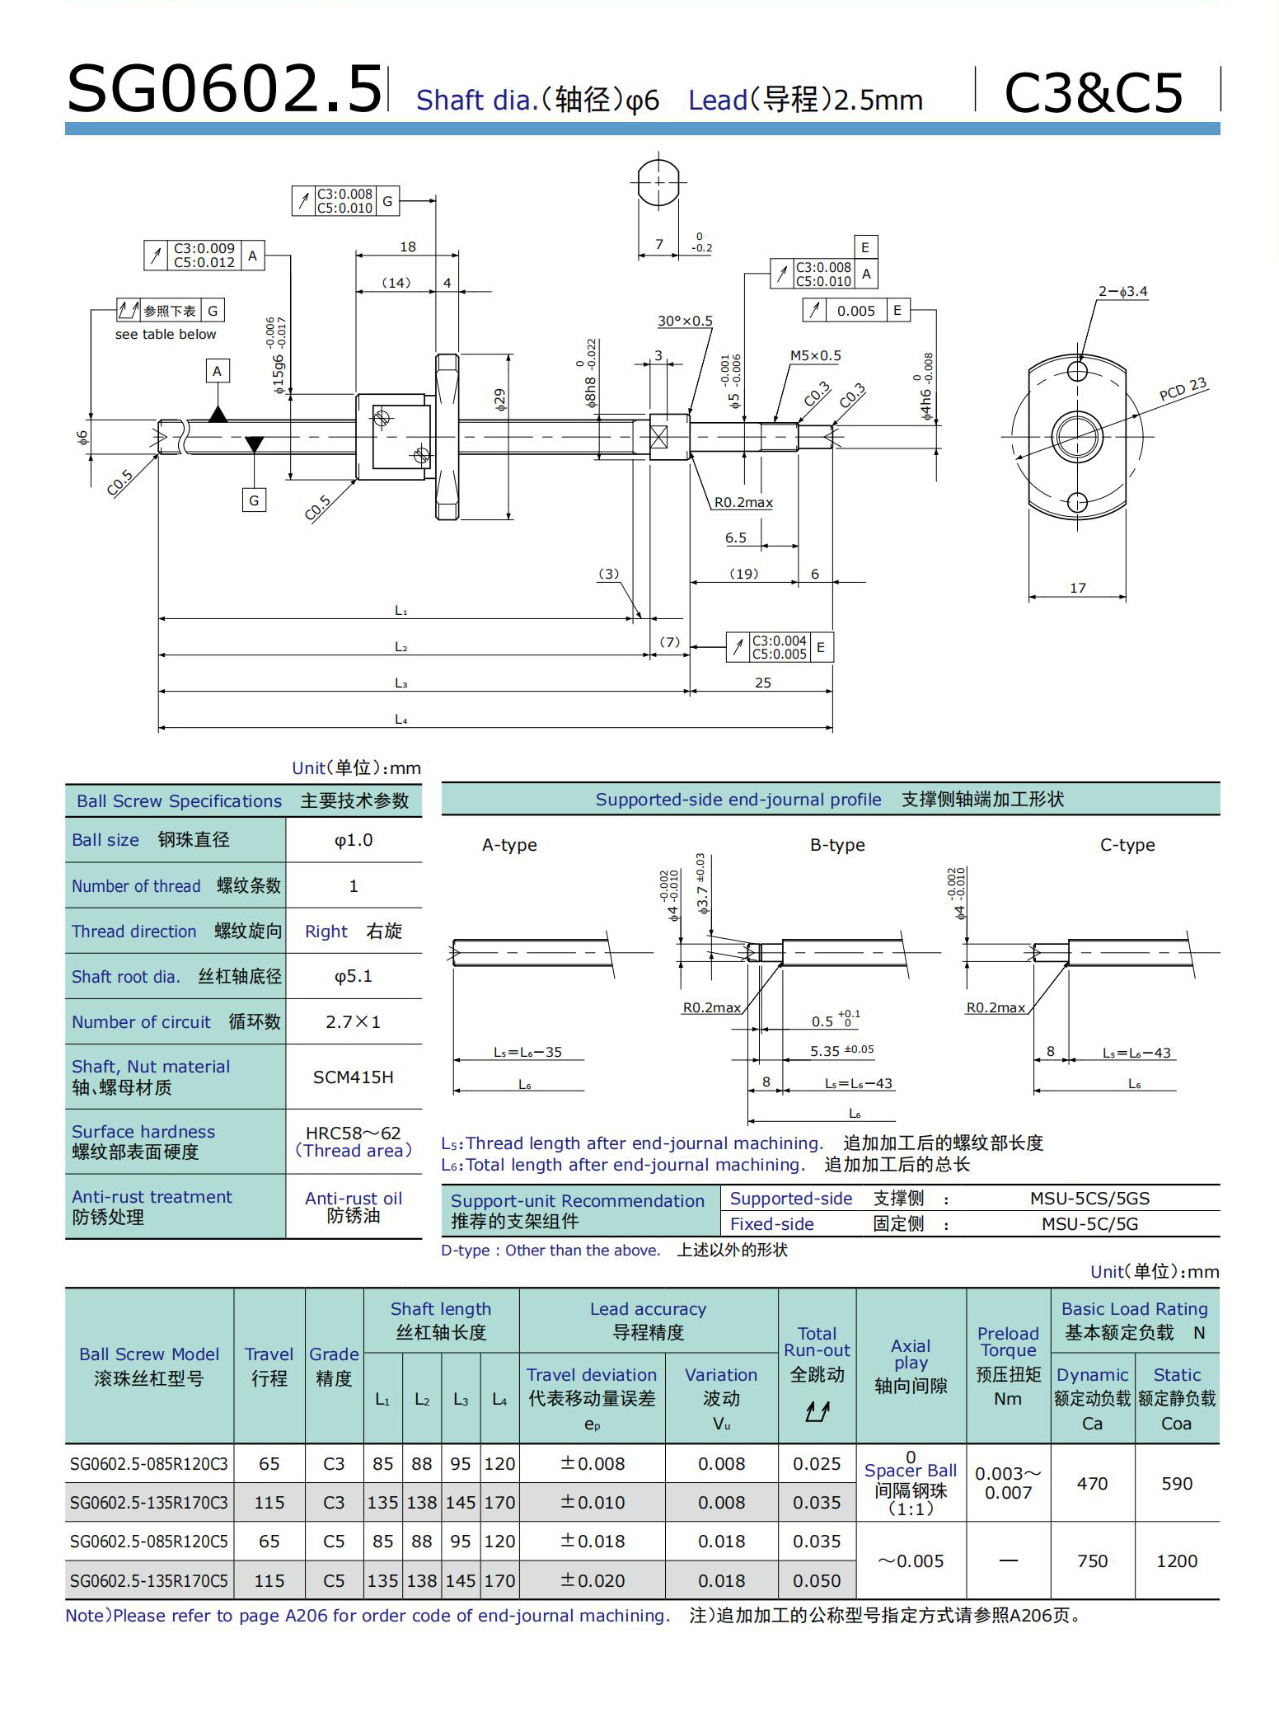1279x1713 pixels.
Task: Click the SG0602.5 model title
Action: [x=224, y=89]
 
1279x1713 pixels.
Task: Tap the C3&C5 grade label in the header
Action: [x=1094, y=92]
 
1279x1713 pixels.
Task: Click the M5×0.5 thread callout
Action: [x=815, y=356]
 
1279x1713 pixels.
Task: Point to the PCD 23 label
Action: [x=1183, y=389]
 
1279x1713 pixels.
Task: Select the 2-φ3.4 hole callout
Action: [x=1122, y=292]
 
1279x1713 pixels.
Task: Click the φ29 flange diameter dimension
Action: [x=500, y=400]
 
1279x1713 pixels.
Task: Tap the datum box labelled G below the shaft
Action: [x=254, y=500]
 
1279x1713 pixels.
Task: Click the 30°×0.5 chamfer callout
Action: [x=685, y=321]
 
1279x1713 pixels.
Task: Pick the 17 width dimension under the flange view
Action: [x=1078, y=588]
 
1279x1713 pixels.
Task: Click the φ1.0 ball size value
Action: [x=354, y=840]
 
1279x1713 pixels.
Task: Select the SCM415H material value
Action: [x=354, y=1077]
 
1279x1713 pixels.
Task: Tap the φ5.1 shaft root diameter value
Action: [x=354, y=977]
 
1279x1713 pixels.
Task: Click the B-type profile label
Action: [x=837, y=845]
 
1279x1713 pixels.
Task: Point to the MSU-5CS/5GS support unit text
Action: [x=1089, y=1199]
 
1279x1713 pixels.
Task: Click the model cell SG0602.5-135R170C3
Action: [x=149, y=1503]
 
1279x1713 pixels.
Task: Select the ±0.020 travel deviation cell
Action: [x=593, y=1581]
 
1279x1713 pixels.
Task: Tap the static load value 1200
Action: [x=1176, y=1561]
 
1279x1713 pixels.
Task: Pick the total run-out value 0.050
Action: [x=817, y=1581]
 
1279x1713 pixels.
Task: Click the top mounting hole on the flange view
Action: [x=1077, y=372]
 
